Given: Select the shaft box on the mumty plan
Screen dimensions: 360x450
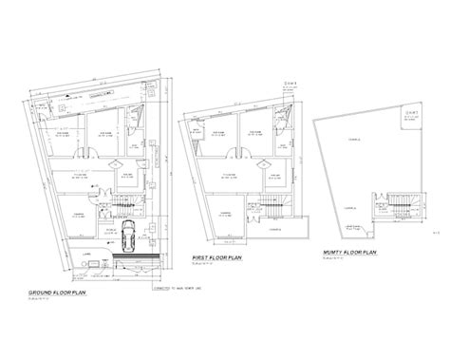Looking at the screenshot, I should click(411, 120).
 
